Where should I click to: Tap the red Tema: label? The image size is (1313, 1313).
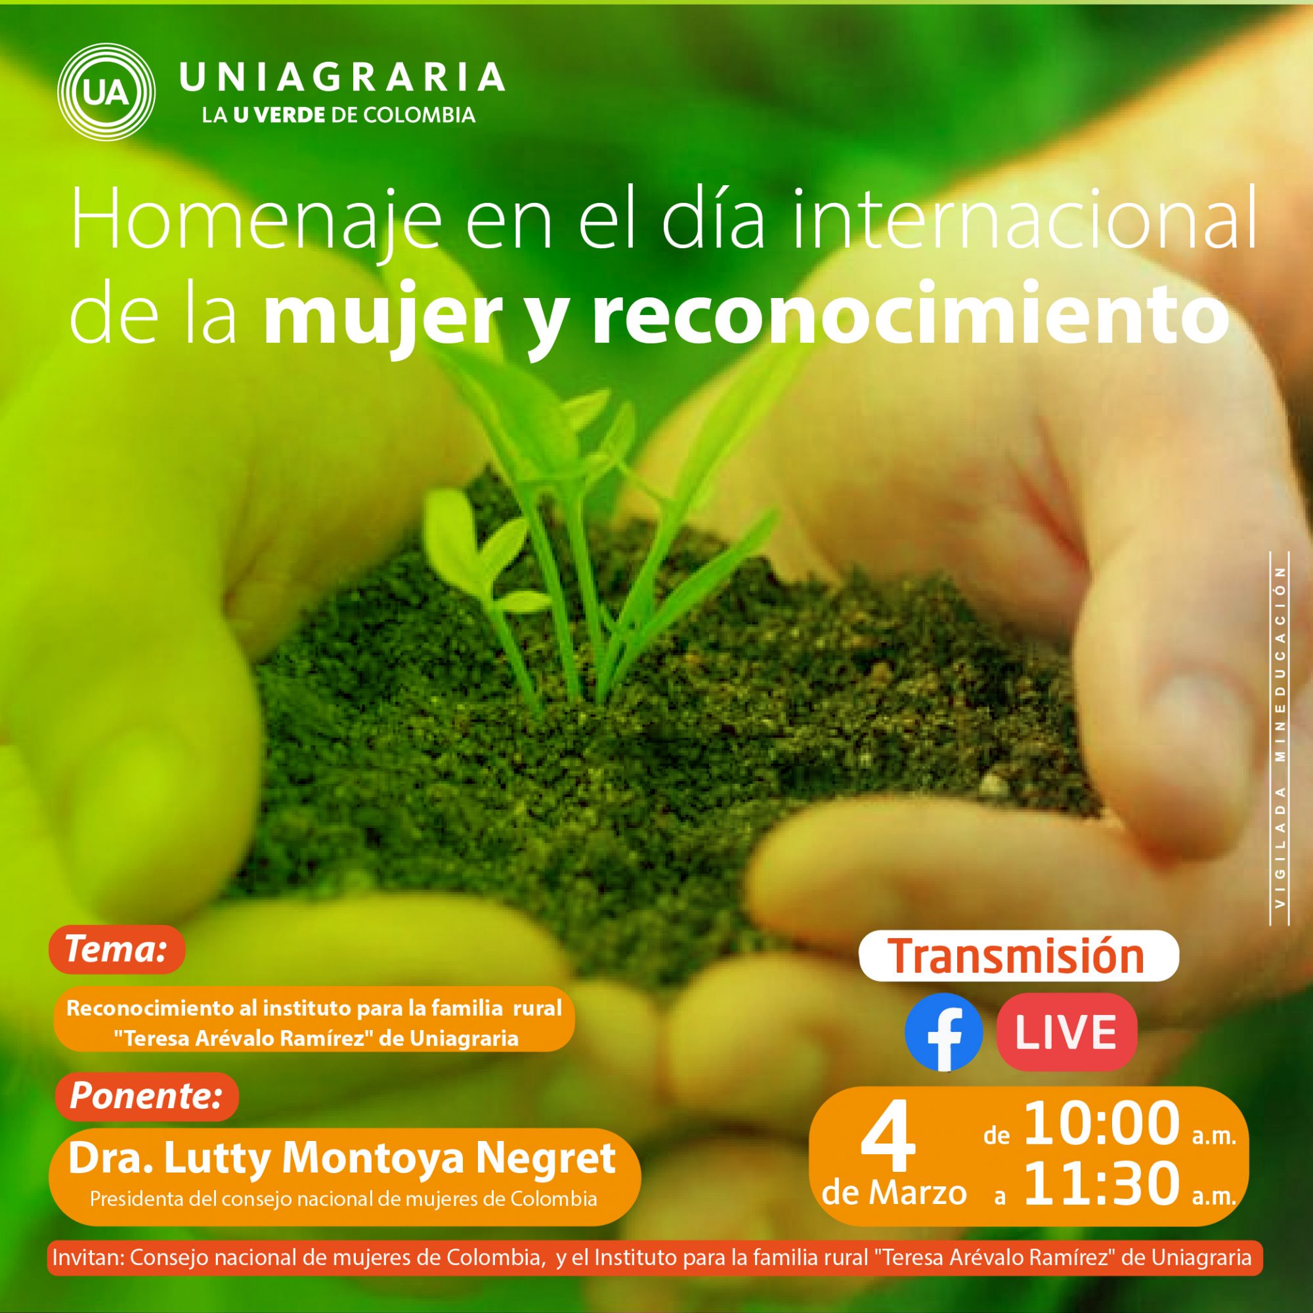click(x=116, y=949)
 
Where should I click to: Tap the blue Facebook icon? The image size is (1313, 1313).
click(x=944, y=1032)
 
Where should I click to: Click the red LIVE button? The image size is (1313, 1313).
click(x=1066, y=1031)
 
